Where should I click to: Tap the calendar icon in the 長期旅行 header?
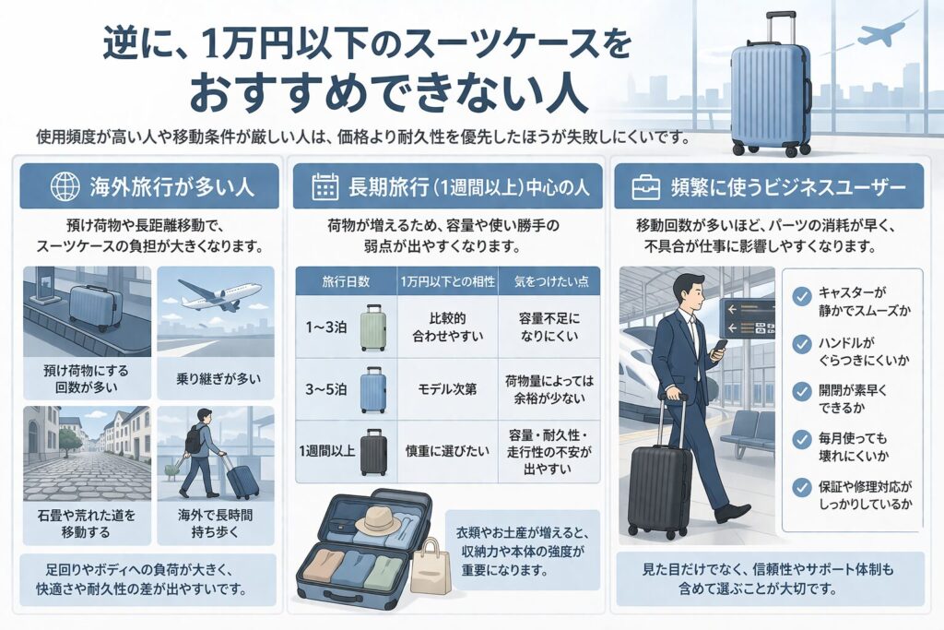(x=325, y=187)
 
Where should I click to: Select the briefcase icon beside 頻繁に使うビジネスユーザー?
(x=644, y=187)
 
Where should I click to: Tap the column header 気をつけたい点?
(x=549, y=279)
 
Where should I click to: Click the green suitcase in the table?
(x=373, y=328)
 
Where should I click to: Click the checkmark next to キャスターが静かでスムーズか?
(x=801, y=296)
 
